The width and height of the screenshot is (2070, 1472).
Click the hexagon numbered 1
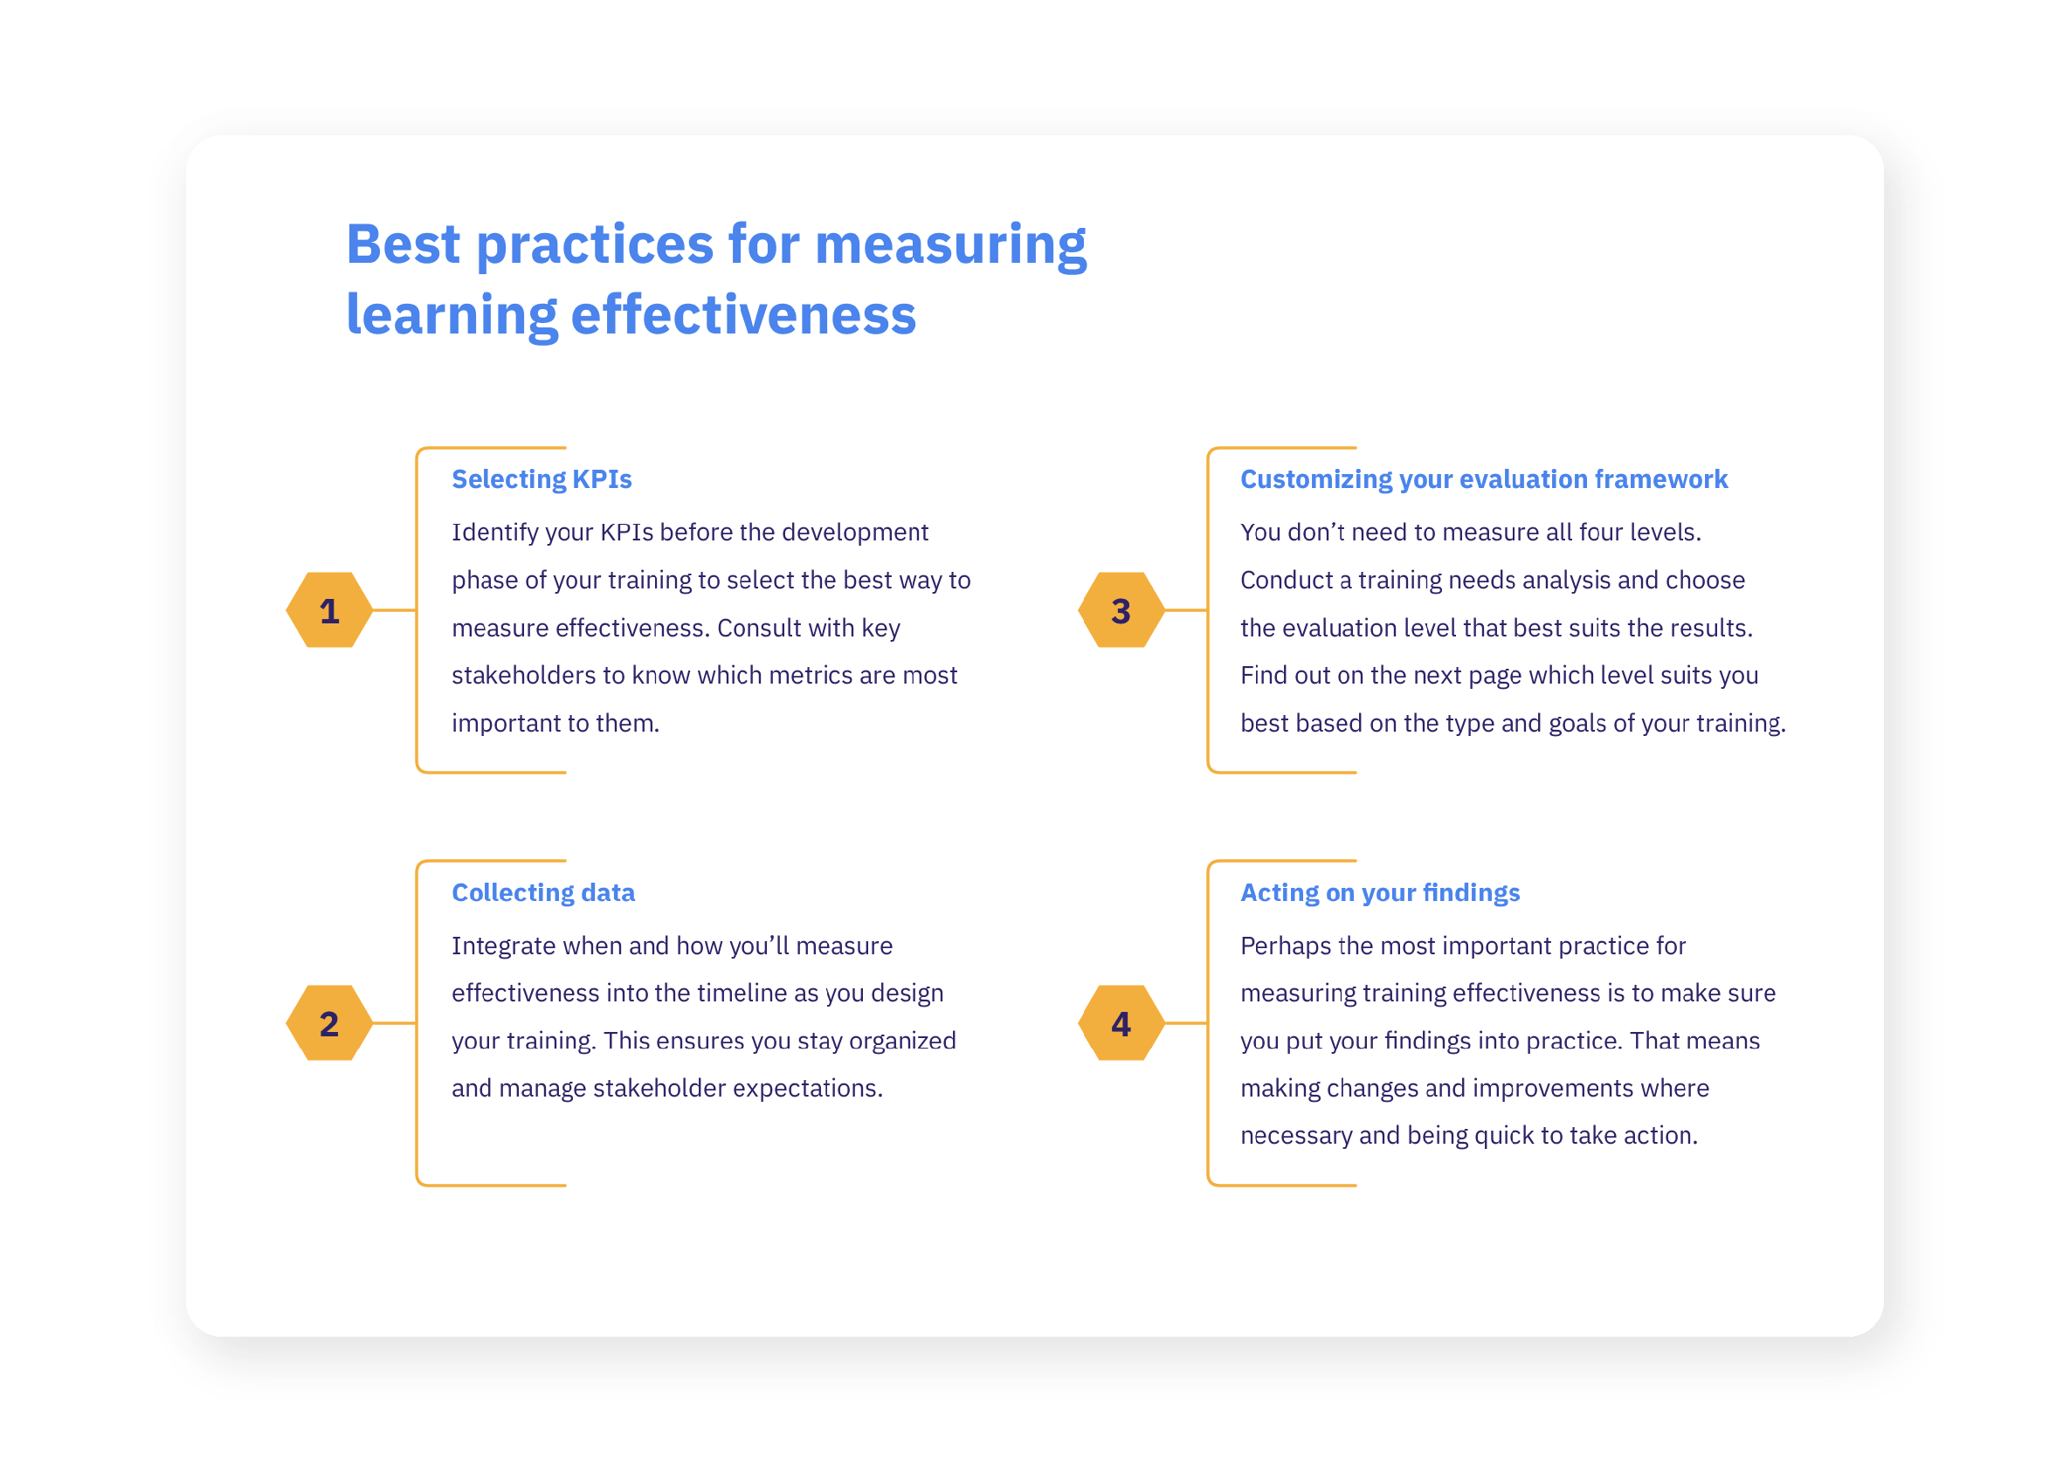(x=329, y=610)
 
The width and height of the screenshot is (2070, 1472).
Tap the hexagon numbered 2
(x=329, y=1023)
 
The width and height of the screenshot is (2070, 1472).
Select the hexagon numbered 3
(x=1121, y=610)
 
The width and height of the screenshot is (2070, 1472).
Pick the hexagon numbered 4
(x=1121, y=1023)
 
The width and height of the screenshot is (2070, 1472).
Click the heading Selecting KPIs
(x=542, y=479)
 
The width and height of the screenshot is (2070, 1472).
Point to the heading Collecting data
(x=543, y=893)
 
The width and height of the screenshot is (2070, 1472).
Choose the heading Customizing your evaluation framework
(x=1484, y=479)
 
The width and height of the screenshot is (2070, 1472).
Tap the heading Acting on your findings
(x=1380, y=893)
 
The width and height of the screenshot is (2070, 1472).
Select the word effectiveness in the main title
(x=743, y=314)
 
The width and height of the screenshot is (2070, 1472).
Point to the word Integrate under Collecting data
(x=503, y=946)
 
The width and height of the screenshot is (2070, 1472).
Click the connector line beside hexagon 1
(x=395, y=610)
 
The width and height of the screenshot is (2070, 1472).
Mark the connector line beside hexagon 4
(x=1187, y=1023)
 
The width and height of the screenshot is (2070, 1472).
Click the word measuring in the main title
(x=951, y=246)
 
